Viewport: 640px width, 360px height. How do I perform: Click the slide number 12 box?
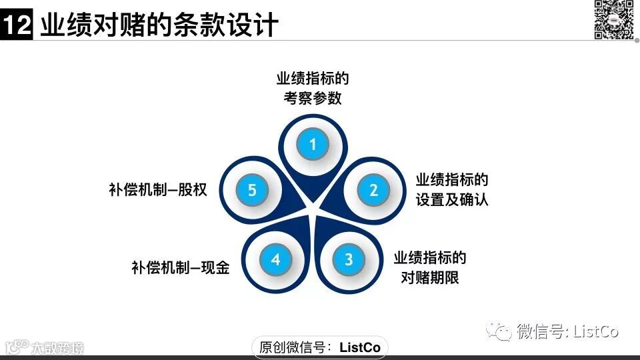click(x=16, y=26)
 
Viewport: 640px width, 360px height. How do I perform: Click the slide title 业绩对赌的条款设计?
click(x=159, y=25)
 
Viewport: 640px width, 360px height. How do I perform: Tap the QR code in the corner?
click(x=613, y=19)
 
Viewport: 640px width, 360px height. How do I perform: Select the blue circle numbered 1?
click(x=313, y=144)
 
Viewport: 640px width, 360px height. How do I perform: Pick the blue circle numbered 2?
click(x=373, y=190)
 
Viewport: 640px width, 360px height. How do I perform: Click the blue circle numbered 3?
click(x=348, y=259)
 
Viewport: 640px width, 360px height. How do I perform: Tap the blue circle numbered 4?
click(x=275, y=259)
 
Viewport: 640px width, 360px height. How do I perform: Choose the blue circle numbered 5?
click(x=252, y=190)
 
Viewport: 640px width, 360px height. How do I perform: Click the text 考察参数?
click(x=313, y=98)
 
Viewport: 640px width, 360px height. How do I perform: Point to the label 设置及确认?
click(x=452, y=199)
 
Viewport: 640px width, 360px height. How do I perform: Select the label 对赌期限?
click(x=430, y=277)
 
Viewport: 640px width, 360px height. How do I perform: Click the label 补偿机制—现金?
click(x=180, y=268)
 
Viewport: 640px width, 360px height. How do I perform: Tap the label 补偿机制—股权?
click(x=158, y=190)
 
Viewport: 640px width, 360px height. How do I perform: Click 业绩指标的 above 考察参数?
click(x=313, y=79)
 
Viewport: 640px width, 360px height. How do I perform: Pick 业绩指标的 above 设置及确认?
click(x=452, y=180)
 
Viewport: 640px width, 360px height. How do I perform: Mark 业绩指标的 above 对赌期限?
click(x=430, y=258)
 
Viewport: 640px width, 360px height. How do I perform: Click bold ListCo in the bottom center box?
click(x=360, y=347)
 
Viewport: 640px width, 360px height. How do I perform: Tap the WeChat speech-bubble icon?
click(x=499, y=331)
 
